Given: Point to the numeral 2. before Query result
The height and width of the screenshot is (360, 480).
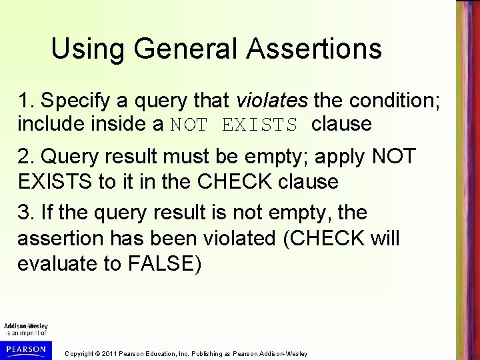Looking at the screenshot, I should [x=27, y=158].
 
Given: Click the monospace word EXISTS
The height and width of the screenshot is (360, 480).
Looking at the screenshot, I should [x=266, y=125].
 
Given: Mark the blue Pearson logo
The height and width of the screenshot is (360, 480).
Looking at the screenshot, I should [x=23, y=348].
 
